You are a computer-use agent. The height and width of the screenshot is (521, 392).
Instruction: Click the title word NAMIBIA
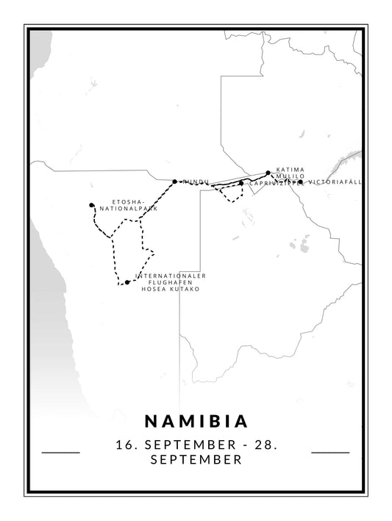tap(196, 421)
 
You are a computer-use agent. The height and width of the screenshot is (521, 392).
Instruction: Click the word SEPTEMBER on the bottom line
tap(196, 461)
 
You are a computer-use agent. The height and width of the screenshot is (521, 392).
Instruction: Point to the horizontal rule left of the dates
tap(61, 453)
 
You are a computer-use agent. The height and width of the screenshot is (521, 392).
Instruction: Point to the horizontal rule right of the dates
tap(330, 453)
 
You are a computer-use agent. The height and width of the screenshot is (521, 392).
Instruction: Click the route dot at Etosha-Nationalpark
tap(91, 205)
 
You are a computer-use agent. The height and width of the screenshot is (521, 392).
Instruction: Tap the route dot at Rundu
tap(174, 181)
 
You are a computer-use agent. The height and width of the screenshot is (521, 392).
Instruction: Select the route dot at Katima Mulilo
tap(268, 173)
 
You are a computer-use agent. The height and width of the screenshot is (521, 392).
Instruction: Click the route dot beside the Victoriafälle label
tap(300, 182)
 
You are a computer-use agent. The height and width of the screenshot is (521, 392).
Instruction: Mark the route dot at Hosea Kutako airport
tap(127, 282)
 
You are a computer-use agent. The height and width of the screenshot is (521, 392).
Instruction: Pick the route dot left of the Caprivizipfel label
tap(241, 183)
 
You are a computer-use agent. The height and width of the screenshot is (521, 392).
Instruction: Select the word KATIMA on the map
tap(289, 169)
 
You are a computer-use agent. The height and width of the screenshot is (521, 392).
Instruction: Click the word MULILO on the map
tap(288, 176)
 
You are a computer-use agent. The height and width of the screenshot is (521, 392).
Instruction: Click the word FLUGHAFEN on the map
tap(170, 282)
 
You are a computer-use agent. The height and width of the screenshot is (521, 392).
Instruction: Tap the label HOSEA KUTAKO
tap(170, 289)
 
